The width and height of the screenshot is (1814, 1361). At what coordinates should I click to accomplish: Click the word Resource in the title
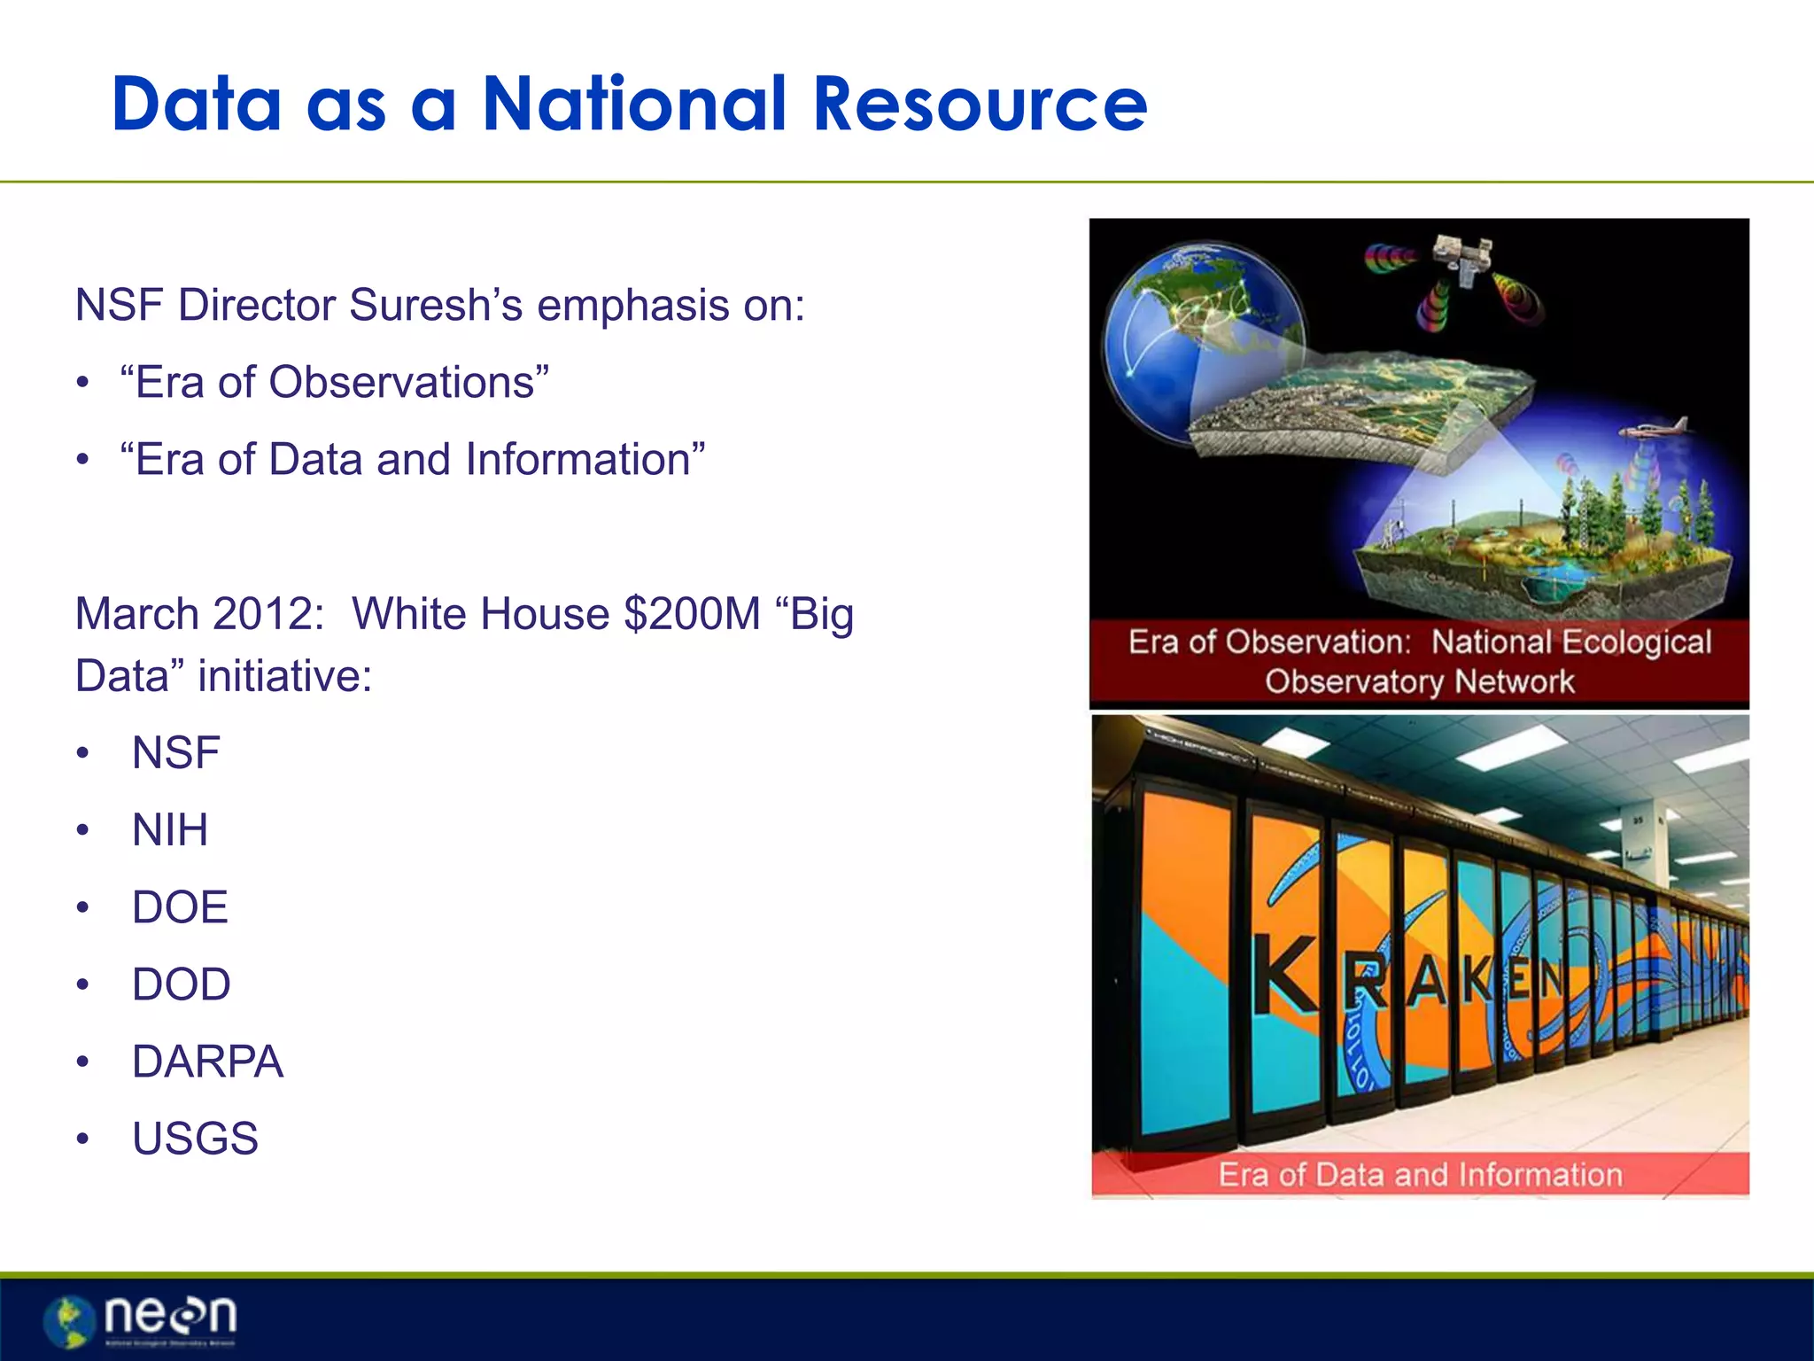click(980, 105)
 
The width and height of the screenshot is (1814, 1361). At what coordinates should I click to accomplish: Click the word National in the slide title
click(634, 105)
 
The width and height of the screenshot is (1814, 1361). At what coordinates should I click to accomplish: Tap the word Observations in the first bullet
click(403, 383)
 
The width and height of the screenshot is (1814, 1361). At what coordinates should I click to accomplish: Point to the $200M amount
click(692, 614)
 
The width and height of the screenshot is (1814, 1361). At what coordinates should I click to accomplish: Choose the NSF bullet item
click(175, 753)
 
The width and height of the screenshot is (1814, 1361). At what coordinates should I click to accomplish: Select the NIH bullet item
click(170, 830)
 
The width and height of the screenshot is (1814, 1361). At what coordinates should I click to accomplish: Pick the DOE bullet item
click(180, 907)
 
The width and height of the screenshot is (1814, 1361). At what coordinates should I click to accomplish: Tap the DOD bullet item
click(181, 984)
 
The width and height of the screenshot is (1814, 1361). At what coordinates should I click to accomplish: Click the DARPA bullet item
click(207, 1062)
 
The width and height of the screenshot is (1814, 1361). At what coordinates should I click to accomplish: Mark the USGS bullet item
click(195, 1139)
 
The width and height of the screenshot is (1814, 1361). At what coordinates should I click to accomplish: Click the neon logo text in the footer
click(170, 1316)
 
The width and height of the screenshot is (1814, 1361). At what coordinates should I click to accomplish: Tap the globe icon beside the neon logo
click(70, 1321)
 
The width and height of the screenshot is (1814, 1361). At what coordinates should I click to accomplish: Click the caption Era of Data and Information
click(1420, 1175)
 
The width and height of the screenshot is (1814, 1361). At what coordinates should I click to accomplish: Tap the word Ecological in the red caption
click(1635, 642)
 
